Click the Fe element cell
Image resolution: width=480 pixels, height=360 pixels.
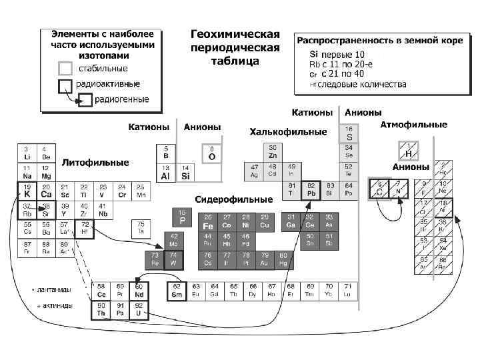pos(209,222)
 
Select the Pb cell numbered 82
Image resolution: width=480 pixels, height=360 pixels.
pos(311,190)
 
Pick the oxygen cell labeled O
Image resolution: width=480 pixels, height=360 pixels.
pos(212,153)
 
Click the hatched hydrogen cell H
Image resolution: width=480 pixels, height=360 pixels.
pos(407,150)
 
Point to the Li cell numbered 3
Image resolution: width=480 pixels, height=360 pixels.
pos(27,152)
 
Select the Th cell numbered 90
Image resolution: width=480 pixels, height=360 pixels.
pos(102,310)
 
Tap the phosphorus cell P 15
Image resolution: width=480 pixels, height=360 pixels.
pos(182,217)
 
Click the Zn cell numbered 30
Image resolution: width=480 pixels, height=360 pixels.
pos(273,152)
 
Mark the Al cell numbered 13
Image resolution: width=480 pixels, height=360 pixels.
pos(166,172)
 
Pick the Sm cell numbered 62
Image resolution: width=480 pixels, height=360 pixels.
pos(177,291)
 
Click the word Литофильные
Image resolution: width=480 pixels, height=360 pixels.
pos(95,162)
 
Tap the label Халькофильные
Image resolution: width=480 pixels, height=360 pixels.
pos(288,132)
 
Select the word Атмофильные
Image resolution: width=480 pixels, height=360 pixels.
pos(413,125)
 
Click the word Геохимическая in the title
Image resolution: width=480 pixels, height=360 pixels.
pos(235,34)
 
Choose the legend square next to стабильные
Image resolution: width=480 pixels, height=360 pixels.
pos(65,68)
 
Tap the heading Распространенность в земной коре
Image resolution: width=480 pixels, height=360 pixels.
pos(379,41)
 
